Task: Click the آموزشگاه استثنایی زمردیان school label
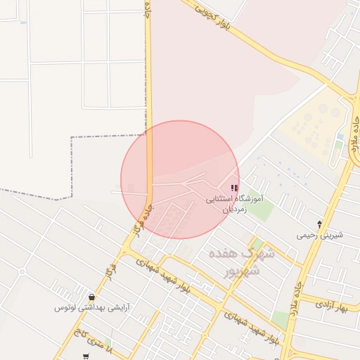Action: [x=233, y=204]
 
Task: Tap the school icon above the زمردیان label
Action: [x=234, y=188]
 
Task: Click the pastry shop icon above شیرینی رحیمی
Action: [x=320, y=224]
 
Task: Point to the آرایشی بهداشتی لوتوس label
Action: [x=92, y=308]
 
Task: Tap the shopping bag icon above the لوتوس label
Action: [x=92, y=297]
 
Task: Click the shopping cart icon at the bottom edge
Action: [x=86, y=356]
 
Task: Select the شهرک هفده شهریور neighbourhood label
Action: [x=233, y=260]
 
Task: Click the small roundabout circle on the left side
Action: [x=22, y=271]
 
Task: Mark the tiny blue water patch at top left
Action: [x=24, y=22]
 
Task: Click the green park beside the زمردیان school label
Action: [x=259, y=210]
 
